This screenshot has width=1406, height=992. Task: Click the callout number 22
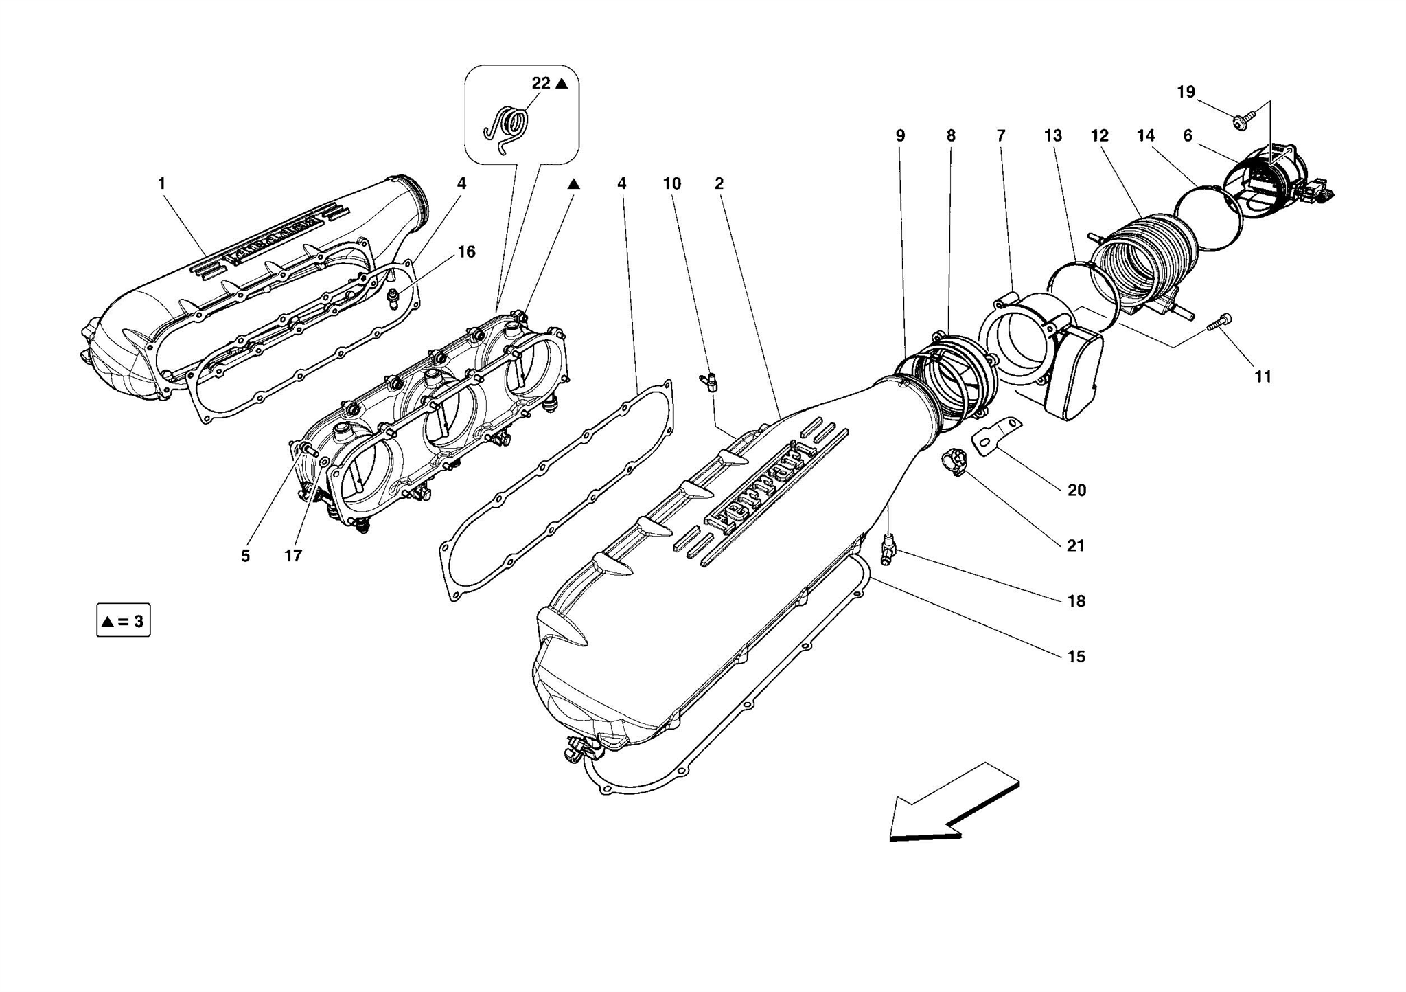[541, 83]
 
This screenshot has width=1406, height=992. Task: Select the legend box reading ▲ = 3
[124, 621]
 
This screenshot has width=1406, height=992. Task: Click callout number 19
[1186, 92]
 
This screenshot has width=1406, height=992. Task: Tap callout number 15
[1076, 657]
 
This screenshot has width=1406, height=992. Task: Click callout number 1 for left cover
[161, 183]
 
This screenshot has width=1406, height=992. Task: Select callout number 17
[293, 556]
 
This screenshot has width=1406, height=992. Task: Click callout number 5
[245, 556]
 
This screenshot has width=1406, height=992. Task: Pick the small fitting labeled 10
[708, 381]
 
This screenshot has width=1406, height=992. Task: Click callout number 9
[900, 136]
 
